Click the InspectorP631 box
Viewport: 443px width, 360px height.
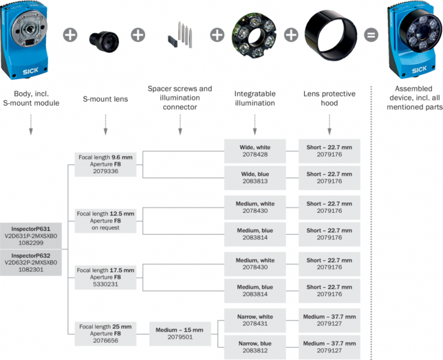[31, 236]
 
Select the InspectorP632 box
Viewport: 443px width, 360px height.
[31, 262]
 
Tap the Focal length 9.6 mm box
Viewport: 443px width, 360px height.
[106, 163]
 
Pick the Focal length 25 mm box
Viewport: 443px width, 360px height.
[106, 333]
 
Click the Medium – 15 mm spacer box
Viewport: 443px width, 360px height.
[179, 333]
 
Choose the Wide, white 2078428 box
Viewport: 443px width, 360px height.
[255, 150]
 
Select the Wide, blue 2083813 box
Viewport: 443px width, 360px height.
[255, 177]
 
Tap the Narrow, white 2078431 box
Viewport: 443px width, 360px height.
[255, 320]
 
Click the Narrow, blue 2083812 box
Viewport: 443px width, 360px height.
[255, 346]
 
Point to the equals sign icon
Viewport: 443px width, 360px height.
[372, 34]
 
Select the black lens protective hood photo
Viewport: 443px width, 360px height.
[329, 35]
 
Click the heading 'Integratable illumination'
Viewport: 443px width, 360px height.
[255, 98]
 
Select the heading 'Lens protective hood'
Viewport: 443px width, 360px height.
[329, 98]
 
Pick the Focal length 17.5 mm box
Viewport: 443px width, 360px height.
[106, 277]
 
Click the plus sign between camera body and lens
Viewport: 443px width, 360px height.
[70, 34]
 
